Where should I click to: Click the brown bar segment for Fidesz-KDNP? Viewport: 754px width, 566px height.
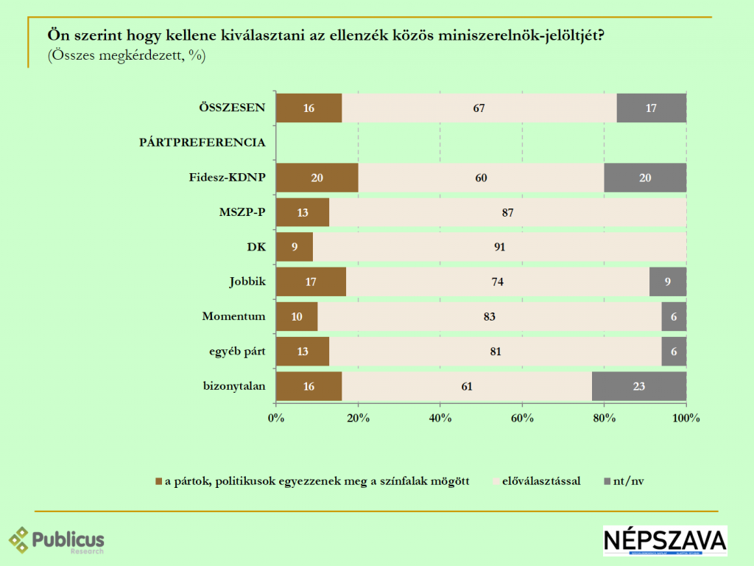317,178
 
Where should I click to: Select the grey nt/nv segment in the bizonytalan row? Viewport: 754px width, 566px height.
638,386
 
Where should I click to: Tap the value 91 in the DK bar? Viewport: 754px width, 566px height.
501,247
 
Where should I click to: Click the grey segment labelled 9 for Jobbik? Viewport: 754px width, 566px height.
667,282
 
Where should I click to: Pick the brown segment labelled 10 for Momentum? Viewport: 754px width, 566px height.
297,317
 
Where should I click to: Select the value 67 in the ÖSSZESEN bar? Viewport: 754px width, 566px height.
479,108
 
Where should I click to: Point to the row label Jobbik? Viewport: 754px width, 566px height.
247,282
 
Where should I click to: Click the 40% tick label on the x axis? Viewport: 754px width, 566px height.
440,419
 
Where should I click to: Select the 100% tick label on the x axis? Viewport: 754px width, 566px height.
686,419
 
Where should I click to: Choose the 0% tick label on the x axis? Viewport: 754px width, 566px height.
276,419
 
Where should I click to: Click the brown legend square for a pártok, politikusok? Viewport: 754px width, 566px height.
158,482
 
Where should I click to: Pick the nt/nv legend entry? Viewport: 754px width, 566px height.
628,482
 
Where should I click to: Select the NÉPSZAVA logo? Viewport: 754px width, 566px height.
665,541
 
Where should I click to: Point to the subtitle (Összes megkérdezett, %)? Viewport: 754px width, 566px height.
127,55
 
